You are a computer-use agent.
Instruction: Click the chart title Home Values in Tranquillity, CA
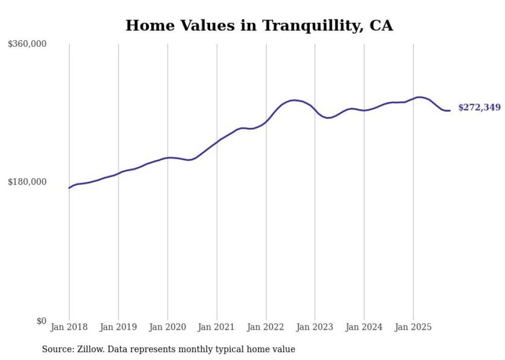[259, 25]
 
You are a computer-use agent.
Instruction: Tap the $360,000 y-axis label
[27, 44]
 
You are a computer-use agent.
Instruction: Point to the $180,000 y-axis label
[27, 182]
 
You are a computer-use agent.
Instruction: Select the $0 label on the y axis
[41, 321]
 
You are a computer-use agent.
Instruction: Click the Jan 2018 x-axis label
[69, 327]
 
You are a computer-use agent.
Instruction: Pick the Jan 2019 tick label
[119, 327]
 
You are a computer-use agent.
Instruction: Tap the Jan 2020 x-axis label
[167, 327]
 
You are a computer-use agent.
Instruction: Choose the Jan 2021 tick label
[216, 327]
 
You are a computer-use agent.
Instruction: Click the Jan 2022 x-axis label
[266, 327]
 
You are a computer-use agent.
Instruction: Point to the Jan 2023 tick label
[315, 327]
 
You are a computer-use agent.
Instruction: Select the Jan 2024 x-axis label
[364, 327]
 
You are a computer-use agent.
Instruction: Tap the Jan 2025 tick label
[413, 327]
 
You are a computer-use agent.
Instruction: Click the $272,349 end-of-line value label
[479, 108]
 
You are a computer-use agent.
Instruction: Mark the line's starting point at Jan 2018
[69, 188]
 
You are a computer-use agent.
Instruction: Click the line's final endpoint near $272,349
[450, 111]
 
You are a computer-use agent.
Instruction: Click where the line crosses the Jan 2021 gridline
[216, 142]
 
